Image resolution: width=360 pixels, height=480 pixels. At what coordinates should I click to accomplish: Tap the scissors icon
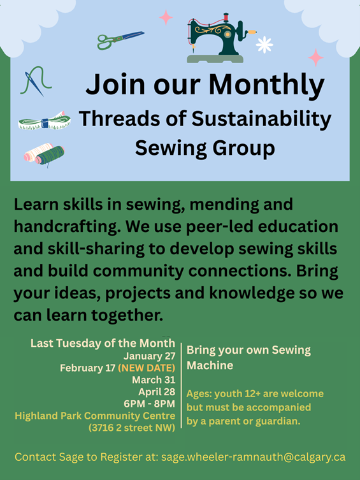pos(120,40)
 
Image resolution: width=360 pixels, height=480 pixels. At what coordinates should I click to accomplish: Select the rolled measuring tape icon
pos(43,120)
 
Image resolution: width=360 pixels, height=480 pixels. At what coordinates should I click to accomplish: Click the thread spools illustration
pos(45,154)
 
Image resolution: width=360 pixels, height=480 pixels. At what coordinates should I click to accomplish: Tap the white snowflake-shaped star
pos(264,45)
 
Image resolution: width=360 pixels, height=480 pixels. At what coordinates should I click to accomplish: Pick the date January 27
pos(149,356)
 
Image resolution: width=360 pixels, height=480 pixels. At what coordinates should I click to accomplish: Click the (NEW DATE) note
pos(147,368)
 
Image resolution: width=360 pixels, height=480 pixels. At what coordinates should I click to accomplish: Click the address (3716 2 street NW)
pos(132,428)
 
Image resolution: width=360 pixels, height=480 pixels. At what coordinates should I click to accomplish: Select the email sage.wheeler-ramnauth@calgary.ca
pos(253,457)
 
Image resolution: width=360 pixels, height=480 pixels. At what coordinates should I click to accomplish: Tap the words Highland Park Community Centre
pos(95,416)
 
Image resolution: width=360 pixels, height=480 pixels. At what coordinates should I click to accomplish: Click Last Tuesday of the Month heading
pos(103,344)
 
